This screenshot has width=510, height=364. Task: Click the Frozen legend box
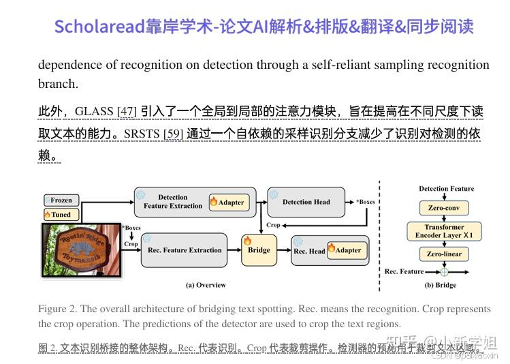61,200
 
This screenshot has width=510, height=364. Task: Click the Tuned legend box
61,214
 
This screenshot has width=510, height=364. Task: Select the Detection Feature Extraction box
173,202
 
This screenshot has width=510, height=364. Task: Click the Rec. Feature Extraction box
185,250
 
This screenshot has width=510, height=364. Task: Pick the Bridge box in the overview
259,250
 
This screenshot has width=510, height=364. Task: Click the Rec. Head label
309,251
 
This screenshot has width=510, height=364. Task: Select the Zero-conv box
444,207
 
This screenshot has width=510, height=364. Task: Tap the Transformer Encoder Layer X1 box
444,231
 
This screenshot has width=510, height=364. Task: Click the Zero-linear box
444,254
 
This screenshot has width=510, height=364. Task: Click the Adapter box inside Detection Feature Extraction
228,202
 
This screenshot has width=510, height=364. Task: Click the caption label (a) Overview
205,285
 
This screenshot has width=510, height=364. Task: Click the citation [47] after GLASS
127,111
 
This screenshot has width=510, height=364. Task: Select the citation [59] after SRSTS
173,134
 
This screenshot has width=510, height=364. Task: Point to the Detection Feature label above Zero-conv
446,189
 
